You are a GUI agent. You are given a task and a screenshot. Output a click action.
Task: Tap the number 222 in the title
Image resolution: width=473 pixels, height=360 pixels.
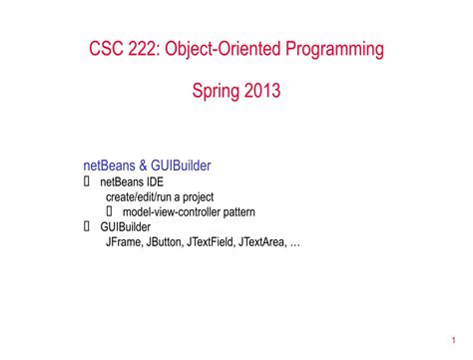154,48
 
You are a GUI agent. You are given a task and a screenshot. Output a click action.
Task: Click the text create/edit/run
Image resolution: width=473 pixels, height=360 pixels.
141,197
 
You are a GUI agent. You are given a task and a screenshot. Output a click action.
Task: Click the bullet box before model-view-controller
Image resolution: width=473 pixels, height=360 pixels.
110,211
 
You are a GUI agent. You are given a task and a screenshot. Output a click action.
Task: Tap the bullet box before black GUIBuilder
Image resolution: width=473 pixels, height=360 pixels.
87,226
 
